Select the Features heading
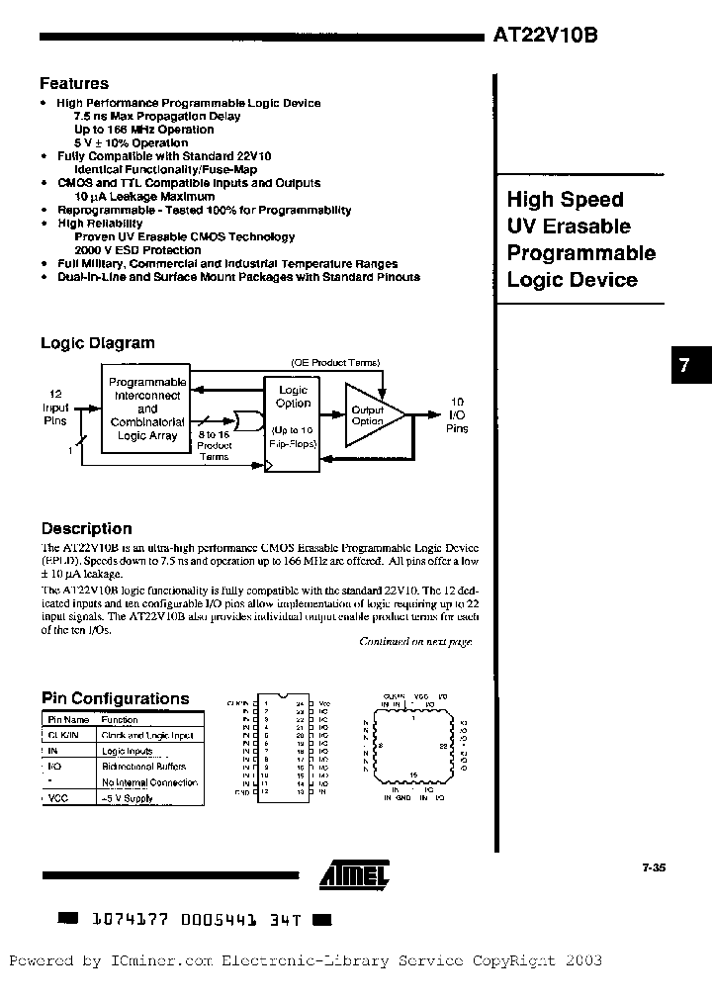point(74,84)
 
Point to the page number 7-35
point(654,866)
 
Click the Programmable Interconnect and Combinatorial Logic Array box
point(147,409)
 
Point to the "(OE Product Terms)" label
point(335,363)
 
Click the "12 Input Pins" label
point(55,407)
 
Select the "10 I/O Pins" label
point(457,415)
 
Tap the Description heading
point(86,528)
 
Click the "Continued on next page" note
point(415,642)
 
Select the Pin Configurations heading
point(115,698)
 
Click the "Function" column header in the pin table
point(120,720)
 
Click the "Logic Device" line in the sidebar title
point(572,280)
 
